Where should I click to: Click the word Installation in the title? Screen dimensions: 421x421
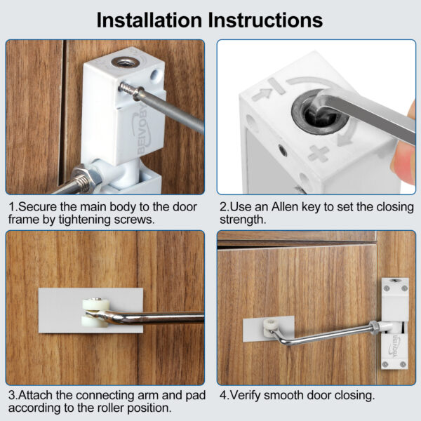coord(149,20)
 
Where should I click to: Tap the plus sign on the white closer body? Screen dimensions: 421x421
coord(319,154)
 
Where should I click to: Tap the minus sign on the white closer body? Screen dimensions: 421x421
coord(276,86)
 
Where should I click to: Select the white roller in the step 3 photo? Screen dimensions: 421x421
coord(96,313)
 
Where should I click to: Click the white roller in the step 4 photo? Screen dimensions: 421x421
coord(269,328)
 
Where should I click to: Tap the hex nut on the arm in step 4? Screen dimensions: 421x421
coord(375,326)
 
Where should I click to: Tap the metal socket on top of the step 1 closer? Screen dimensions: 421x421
coord(126,63)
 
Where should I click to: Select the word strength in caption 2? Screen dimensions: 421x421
coord(243,220)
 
